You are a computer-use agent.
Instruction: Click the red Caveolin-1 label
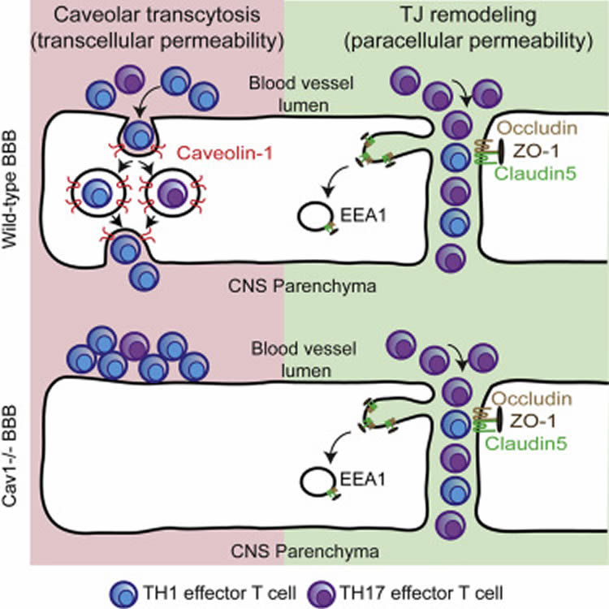[x=225, y=153]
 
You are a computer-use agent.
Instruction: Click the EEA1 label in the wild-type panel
[x=364, y=215]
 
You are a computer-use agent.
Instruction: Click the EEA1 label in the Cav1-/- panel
[x=363, y=480]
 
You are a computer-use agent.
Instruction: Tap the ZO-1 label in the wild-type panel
[x=536, y=151]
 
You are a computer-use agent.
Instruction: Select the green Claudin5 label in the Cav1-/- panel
[x=526, y=443]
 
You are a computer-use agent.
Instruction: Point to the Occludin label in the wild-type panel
[x=538, y=128]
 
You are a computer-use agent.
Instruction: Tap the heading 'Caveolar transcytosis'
[x=157, y=15]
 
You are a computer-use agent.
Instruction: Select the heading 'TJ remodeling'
[x=469, y=15]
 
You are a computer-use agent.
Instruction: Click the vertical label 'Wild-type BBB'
[x=10, y=189]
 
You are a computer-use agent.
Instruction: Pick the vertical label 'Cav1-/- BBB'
[x=10, y=456]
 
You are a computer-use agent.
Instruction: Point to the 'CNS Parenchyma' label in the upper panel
[x=302, y=287]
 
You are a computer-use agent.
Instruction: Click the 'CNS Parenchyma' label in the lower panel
[x=304, y=551]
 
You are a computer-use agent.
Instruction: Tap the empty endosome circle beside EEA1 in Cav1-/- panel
[x=317, y=482]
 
